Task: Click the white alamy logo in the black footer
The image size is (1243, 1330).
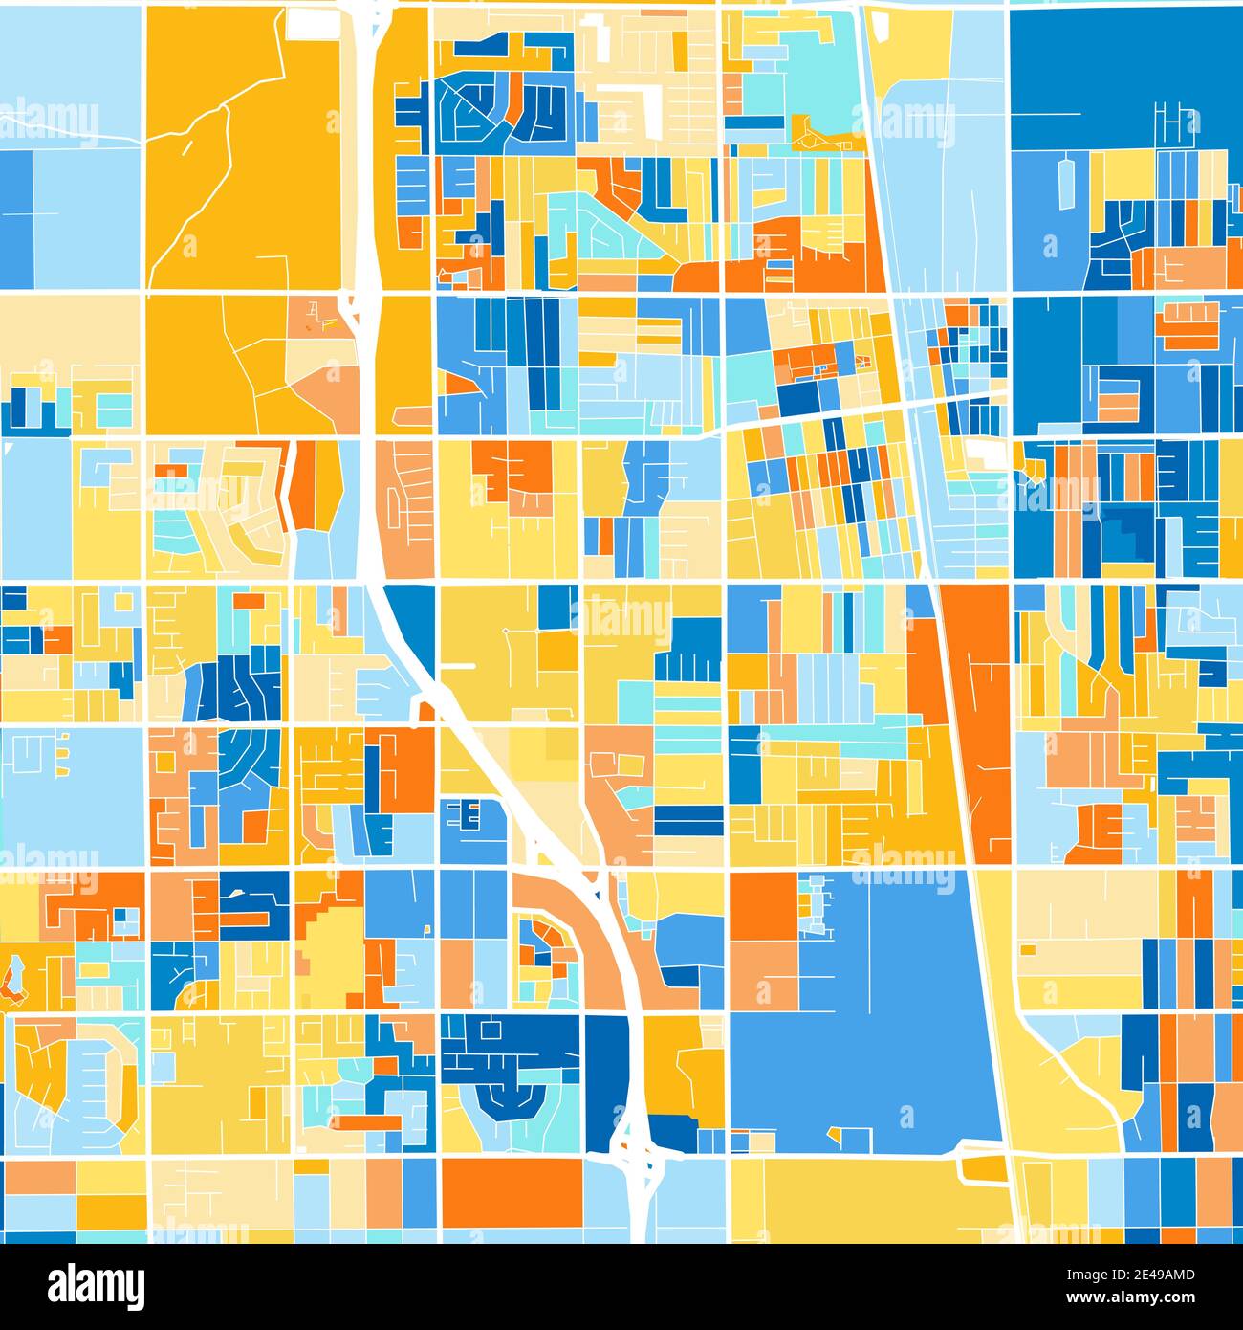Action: (96, 1286)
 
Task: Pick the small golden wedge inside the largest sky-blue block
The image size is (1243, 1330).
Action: (835, 1135)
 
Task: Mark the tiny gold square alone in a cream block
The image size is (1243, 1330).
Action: (1028, 950)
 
